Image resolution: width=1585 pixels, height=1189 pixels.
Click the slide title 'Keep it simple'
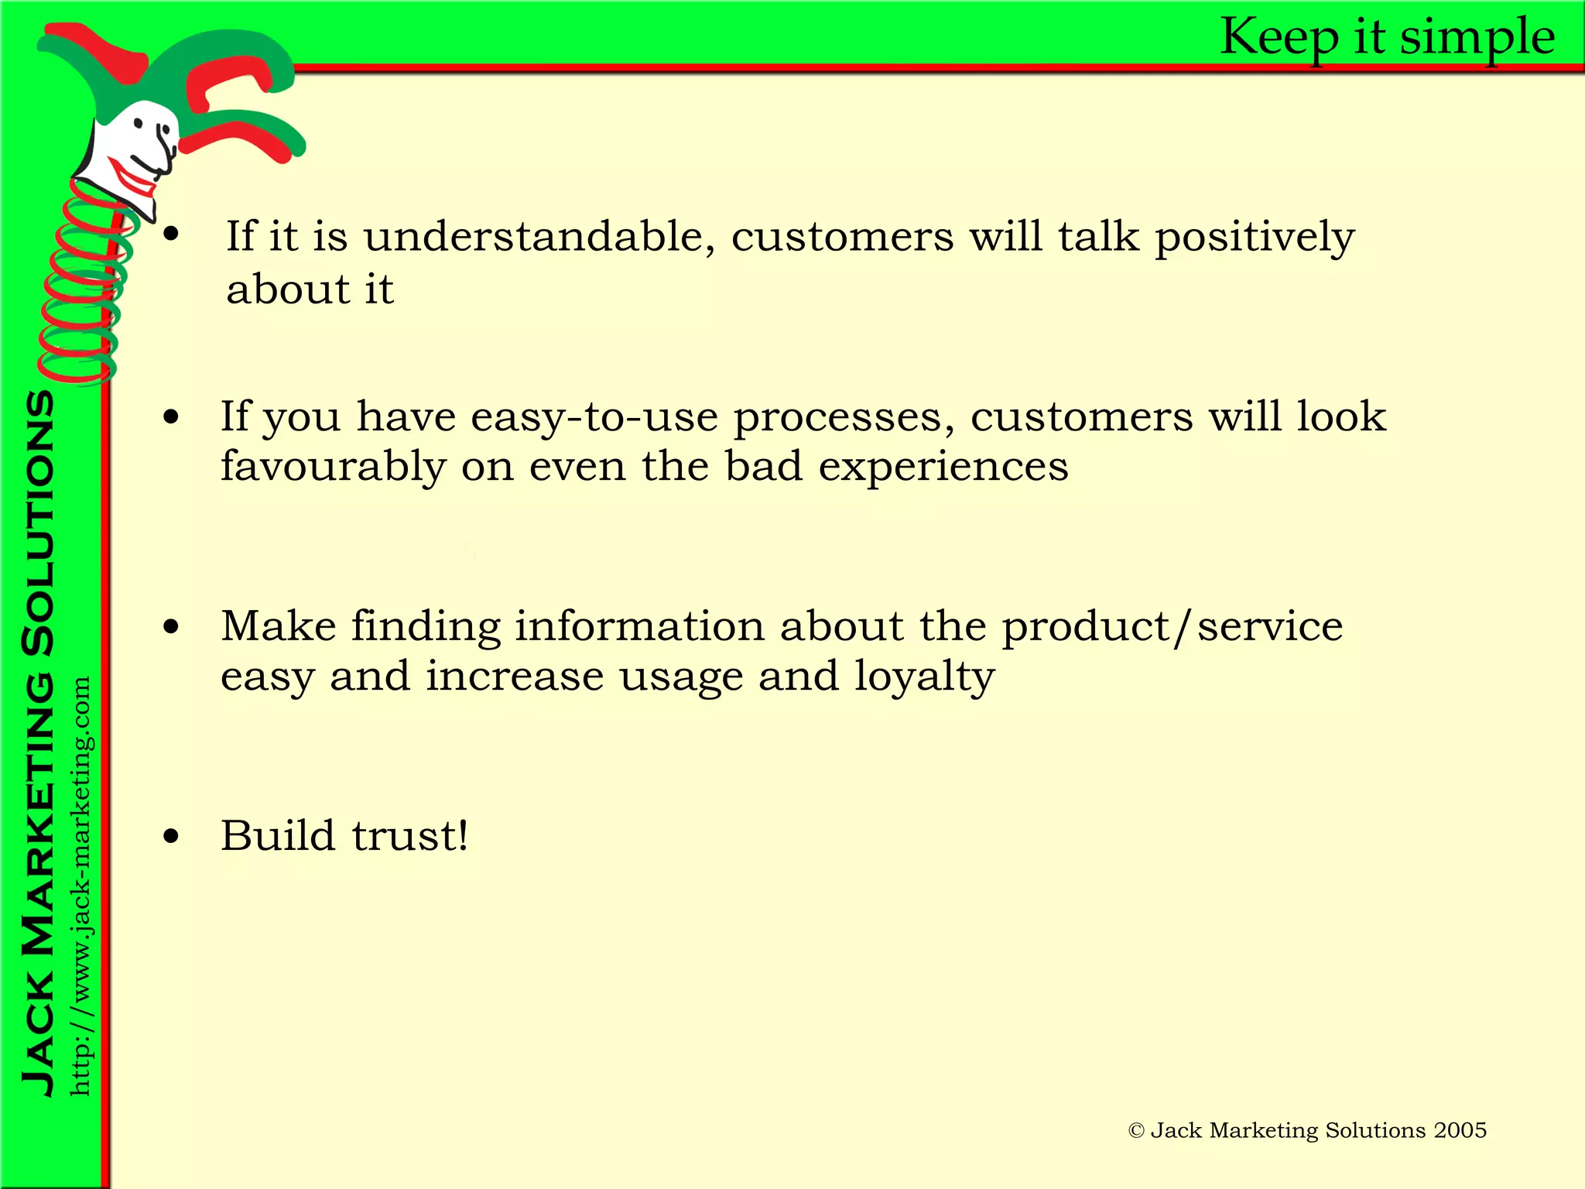[1387, 37]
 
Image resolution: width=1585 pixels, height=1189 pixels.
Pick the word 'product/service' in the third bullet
[1172, 626]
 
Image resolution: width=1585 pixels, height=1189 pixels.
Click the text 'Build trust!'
[344, 836]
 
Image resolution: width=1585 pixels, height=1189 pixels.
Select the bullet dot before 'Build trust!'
[171, 836]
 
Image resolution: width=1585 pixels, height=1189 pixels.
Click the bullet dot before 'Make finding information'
[171, 627]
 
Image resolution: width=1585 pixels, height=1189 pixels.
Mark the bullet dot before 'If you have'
[171, 418]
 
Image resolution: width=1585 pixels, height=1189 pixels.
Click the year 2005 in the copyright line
[1460, 1130]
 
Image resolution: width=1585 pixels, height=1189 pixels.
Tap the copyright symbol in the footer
[1135, 1131]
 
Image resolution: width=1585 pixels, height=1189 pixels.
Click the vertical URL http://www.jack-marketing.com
[80, 886]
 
